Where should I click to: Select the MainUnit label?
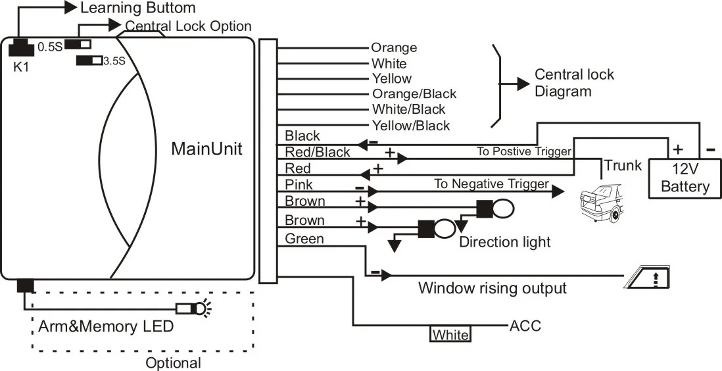point(206,149)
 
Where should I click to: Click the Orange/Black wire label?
point(414,94)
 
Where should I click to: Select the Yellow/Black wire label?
point(410,126)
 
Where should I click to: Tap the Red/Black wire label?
point(317,153)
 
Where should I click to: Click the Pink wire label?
point(299,185)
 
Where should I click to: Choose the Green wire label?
point(304,239)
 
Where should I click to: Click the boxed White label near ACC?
point(450,335)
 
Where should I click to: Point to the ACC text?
point(525,326)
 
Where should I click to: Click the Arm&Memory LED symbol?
point(191,307)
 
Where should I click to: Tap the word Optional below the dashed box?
point(174,362)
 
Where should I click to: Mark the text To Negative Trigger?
point(491,184)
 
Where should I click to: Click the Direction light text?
point(504,241)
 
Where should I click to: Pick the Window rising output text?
point(493,287)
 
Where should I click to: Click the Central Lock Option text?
point(188,26)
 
